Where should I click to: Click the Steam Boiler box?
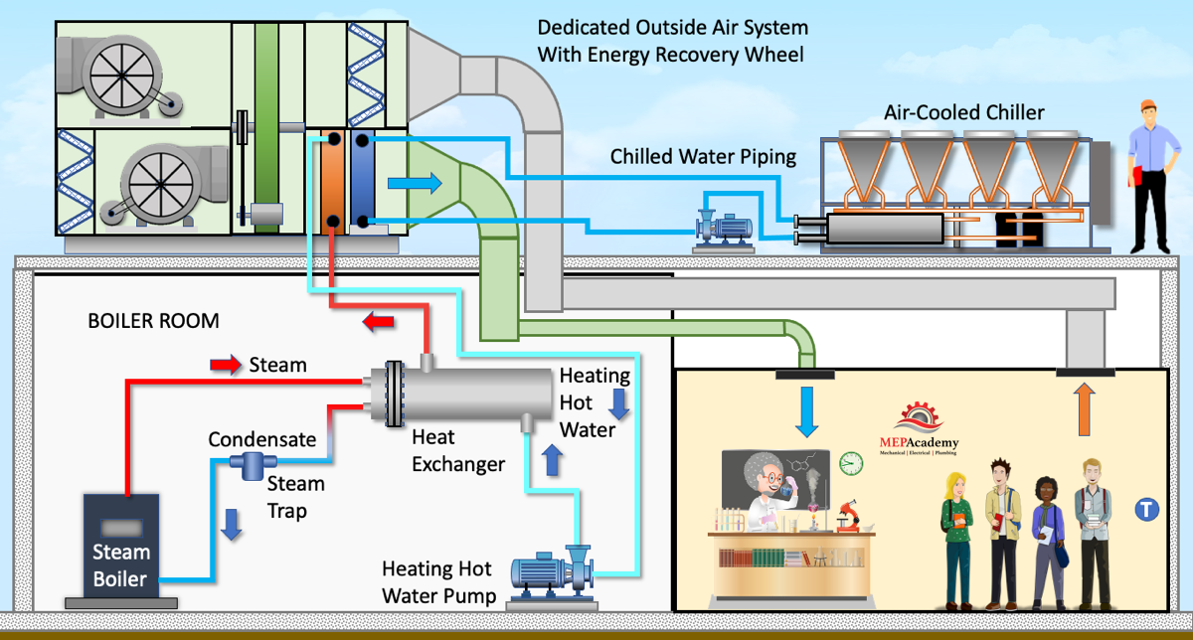click(x=121, y=546)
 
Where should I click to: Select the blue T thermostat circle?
click(x=1146, y=510)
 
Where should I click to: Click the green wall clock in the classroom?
click(x=850, y=462)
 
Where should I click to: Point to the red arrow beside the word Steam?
click(x=226, y=366)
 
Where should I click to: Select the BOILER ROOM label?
click(x=153, y=322)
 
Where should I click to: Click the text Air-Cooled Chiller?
click(x=964, y=112)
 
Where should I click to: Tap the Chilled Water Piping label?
click(x=703, y=156)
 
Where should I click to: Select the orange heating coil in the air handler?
click(x=331, y=182)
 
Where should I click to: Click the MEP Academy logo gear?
click(x=919, y=418)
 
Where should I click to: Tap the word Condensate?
click(x=262, y=439)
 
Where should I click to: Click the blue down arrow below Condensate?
click(x=232, y=524)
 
